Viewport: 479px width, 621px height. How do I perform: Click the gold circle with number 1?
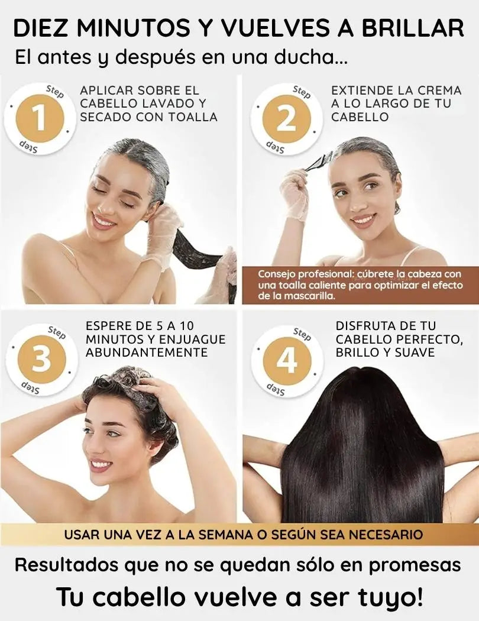point(39,118)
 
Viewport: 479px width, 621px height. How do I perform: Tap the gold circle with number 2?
point(286,118)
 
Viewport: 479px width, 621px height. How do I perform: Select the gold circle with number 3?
point(41,358)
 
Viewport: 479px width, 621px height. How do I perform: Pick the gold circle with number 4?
point(287,360)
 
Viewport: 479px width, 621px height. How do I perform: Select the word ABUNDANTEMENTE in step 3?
point(147,352)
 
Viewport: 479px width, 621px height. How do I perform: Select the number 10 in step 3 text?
point(186,326)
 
